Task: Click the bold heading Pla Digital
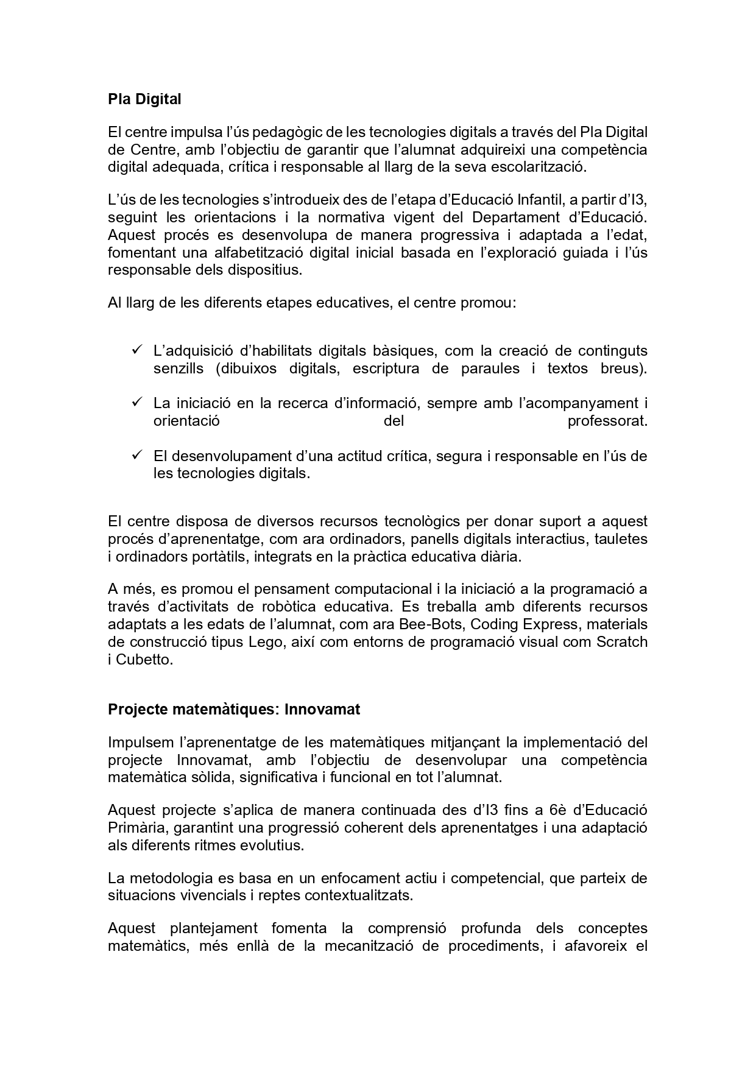pos(144,99)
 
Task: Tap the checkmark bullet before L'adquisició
pos(136,350)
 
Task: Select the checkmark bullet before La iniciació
pos(136,403)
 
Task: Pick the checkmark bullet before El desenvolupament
pos(136,455)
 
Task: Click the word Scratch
pos(621,642)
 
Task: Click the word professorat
pos(607,421)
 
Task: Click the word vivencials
pos(213,896)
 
